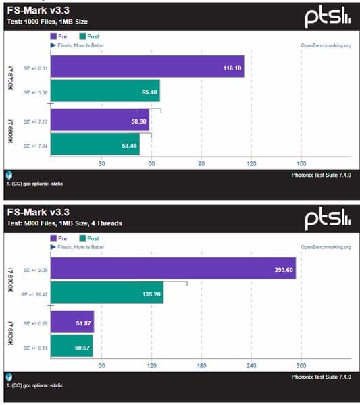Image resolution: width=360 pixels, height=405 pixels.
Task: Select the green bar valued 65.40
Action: tap(105, 91)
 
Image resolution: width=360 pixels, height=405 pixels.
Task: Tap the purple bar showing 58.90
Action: tap(99, 121)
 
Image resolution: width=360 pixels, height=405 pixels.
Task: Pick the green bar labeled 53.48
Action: tap(95, 145)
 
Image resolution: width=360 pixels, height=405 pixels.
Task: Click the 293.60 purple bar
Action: tap(173, 269)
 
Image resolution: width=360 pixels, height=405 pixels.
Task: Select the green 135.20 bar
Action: tap(107, 293)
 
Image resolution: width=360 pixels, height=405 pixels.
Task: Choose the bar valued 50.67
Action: tap(72, 347)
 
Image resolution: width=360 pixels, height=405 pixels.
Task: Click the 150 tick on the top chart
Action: tap(301, 163)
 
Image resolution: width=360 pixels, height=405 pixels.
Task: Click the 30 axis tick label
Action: tap(102, 163)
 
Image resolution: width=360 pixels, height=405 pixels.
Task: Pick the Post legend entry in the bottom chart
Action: tap(88, 238)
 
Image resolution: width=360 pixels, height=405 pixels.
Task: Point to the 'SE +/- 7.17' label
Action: tap(35, 122)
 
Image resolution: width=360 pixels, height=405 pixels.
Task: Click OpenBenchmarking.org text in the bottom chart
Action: tap(326, 247)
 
